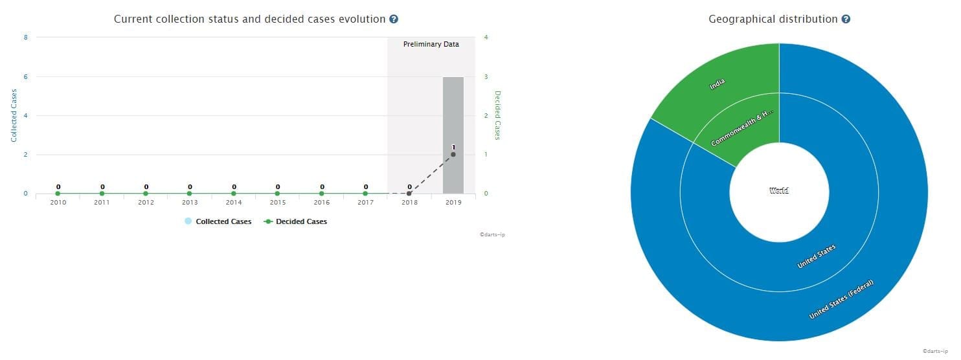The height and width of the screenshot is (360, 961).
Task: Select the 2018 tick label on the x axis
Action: tap(409, 203)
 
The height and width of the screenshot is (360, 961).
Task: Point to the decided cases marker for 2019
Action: tap(453, 154)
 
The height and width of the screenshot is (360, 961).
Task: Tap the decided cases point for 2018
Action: tap(409, 194)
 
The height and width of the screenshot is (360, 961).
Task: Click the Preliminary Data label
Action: tap(431, 45)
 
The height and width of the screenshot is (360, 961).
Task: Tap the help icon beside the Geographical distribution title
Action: tap(846, 19)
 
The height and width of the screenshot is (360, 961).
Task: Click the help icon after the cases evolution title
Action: tap(394, 19)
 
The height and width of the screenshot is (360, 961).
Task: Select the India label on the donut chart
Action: tap(717, 84)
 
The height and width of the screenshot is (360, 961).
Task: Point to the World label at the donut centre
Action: tap(779, 191)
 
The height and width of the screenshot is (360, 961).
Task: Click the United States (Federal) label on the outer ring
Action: tap(841, 299)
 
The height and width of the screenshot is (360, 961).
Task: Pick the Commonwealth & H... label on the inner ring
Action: tap(742, 128)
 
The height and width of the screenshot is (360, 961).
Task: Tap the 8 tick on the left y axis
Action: tap(25, 38)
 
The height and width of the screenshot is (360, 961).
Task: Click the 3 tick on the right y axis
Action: tap(486, 76)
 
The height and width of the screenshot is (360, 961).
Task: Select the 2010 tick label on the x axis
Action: tap(58, 203)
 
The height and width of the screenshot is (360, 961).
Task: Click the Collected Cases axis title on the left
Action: tap(13, 115)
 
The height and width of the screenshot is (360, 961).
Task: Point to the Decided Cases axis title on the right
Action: tap(498, 115)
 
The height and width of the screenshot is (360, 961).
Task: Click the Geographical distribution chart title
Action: tap(773, 19)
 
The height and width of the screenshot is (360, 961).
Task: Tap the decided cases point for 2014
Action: tap(234, 194)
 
